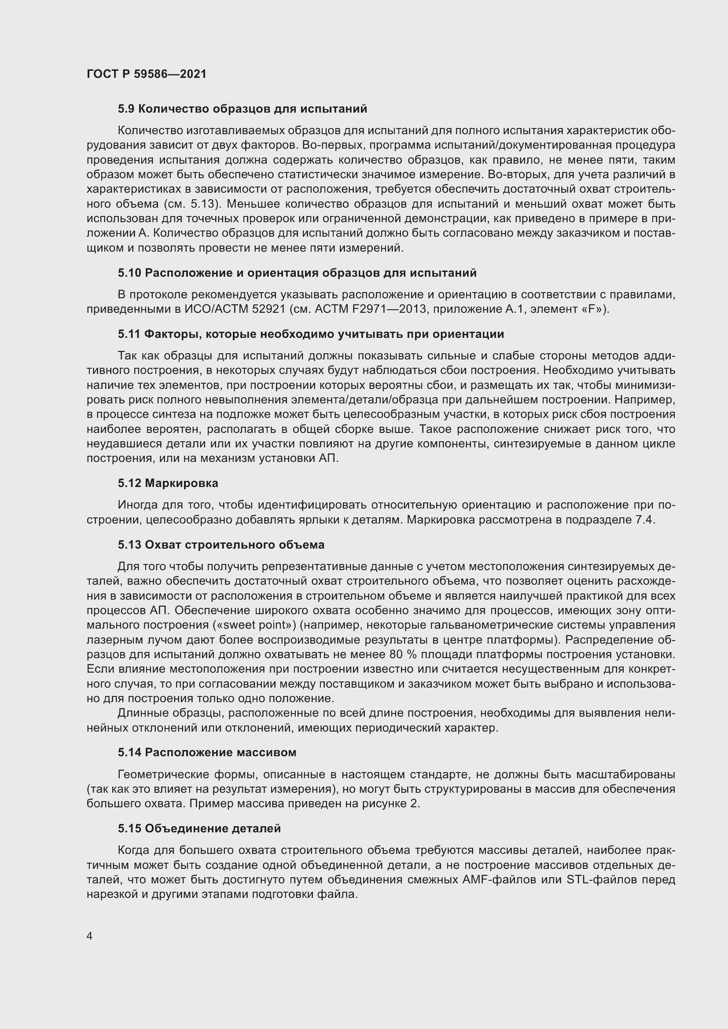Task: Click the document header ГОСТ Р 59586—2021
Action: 147,74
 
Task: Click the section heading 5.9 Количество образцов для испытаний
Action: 243,109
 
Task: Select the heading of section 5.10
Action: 297,273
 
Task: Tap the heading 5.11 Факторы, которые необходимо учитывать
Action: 311,334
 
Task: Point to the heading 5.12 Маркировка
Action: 168,483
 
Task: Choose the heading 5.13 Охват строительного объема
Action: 221,545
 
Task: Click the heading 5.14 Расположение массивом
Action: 207,752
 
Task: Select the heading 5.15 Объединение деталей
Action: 199,829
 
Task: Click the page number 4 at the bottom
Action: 90,936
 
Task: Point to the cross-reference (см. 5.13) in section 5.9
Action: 195,204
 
